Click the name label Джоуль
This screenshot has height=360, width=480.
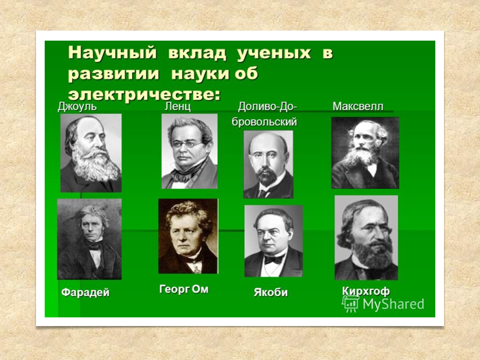point(77,107)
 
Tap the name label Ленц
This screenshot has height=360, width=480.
point(177,107)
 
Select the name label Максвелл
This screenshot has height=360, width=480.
point(358,107)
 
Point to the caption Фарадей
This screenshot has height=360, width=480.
point(85,293)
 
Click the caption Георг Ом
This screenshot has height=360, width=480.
point(184,289)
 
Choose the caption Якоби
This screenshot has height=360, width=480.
point(271,293)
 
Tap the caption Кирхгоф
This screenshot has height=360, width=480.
point(366,291)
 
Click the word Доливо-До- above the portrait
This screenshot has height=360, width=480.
point(267,107)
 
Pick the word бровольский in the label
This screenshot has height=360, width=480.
point(264,122)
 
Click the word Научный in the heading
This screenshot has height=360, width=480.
point(113,53)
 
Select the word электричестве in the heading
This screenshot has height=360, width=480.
point(144,94)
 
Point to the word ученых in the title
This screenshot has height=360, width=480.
point(274,53)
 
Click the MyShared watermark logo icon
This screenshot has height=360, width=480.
point(349,304)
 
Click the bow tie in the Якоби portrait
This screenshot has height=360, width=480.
point(274,260)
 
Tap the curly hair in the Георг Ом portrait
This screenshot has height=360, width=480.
point(188,212)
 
